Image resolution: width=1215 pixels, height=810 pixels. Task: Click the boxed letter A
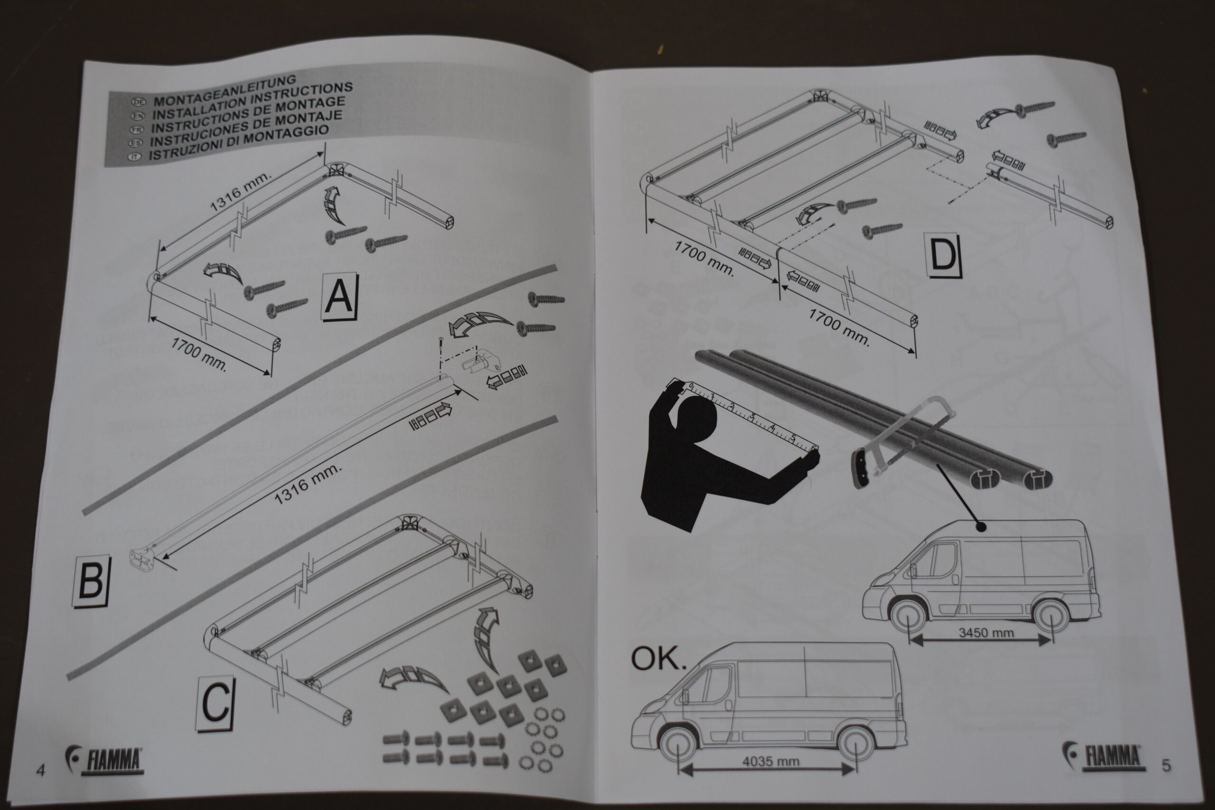pos(339,297)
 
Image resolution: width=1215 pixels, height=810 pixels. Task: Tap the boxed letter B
pos(91,581)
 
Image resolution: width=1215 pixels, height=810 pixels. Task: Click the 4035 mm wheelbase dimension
pos(770,761)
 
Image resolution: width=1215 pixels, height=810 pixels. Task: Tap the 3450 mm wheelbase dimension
pos(986,633)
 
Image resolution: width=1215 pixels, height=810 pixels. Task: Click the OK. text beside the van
pos(658,659)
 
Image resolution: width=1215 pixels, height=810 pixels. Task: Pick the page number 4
pos(41,770)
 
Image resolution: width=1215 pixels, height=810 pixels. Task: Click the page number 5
pos(1166,765)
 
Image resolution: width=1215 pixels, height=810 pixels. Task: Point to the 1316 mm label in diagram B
pos(308,483)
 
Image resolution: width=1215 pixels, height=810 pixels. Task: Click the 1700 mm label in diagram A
pos(199,354)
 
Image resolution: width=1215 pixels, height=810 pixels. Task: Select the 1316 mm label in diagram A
pos(240,192)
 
